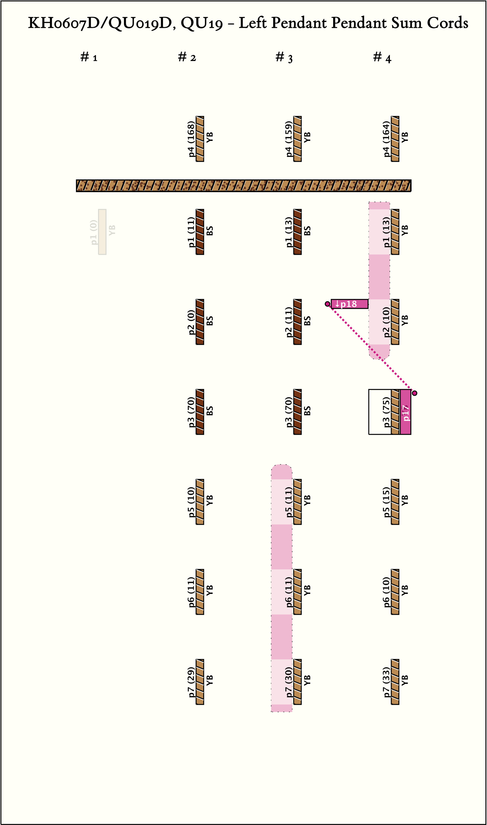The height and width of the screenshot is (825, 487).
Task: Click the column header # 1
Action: point(89,57)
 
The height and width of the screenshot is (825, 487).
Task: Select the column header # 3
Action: point(284,57)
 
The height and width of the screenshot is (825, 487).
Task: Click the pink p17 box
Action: point(406,412)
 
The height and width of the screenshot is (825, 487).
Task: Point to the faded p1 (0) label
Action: point(94,232)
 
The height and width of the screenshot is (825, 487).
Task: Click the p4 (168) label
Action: point(191,139)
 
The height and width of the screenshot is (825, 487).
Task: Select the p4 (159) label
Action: point(289,139)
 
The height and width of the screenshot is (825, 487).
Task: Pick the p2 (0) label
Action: point(191,322)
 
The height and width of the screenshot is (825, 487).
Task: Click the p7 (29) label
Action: point(191,682)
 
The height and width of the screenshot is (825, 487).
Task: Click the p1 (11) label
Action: point(191,232)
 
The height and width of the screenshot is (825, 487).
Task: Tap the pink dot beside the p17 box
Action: point(414,393)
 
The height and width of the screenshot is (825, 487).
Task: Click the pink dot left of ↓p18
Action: point(327,304)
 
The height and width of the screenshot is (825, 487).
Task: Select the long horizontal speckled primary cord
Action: point(243,186)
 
